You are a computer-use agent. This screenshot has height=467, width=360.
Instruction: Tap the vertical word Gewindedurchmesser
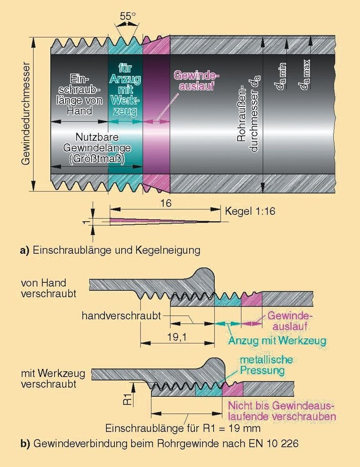click(x=26, y=113)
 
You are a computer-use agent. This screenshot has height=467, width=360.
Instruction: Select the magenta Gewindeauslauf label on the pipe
click(x=196, y=80)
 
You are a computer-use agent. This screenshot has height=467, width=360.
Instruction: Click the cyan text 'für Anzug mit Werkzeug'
click(x=125, y=90)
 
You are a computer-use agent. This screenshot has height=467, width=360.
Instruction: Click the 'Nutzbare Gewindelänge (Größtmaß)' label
click(x=97, y=148)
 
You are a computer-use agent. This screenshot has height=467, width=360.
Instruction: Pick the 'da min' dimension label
click(x=281, y=76)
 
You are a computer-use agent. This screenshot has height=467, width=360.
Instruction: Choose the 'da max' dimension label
click(x=305, y=75)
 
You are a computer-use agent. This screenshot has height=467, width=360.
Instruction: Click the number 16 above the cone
click(x=166, y=203)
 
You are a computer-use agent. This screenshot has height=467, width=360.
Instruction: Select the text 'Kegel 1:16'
click(x=250, y=211)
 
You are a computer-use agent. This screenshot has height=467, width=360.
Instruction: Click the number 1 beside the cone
click(x=86, y=222)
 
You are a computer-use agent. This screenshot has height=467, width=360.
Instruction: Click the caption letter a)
click(x=25, y=250)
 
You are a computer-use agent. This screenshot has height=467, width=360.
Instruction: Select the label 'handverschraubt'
click(x=121, y=316)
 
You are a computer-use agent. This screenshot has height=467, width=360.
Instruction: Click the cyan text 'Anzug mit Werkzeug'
click(x=277, y=340)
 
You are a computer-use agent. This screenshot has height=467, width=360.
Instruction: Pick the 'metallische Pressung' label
click(x=266, y=365)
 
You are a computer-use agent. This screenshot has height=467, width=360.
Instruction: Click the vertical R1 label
click(x=127, y=399)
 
